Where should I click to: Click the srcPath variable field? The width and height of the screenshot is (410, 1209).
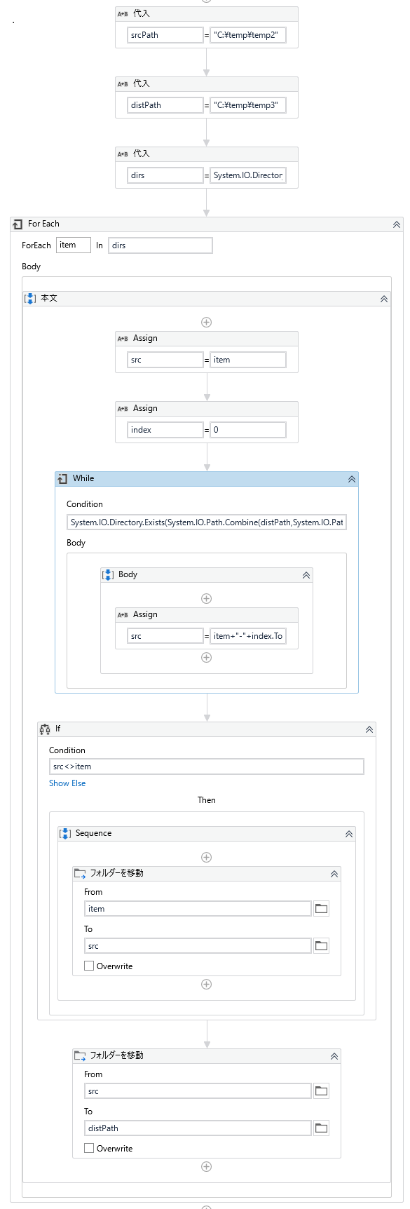tap(165, 35)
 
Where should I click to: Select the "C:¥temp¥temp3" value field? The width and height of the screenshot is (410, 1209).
tap(248, 105)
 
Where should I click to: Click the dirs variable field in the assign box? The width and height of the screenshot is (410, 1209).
tap(165, 175)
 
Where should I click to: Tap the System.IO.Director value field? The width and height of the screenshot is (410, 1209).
tap(248, 175)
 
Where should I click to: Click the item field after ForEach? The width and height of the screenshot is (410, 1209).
tap(74, 245)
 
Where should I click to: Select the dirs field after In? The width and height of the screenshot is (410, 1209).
tap(160, 245)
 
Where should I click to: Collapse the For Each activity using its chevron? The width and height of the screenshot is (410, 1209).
tap(397, 224)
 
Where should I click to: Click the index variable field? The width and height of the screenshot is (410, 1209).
tap(165, 430)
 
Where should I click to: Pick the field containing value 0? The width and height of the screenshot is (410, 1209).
tap(248, 430)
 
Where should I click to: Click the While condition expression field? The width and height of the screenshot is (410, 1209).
tap(207, 522)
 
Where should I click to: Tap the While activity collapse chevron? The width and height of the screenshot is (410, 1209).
tap(352, 479)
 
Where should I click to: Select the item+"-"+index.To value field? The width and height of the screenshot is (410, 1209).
tap(248, 636)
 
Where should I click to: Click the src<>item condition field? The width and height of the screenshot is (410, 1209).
tap(207, 766)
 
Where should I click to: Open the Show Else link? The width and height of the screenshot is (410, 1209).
tap(67, 783)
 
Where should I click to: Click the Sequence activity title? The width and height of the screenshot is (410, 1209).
tap(94, 833)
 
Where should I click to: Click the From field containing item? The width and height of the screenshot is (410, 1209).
tap(198, 909)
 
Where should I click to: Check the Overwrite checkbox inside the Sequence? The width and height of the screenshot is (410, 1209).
tap(89, 966)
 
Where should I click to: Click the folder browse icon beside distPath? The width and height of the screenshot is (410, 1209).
tap(321, 1128)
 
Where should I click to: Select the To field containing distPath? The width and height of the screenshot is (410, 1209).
tap(198, 1128)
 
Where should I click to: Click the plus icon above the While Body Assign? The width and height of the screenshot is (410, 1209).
tap(207, 598)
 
